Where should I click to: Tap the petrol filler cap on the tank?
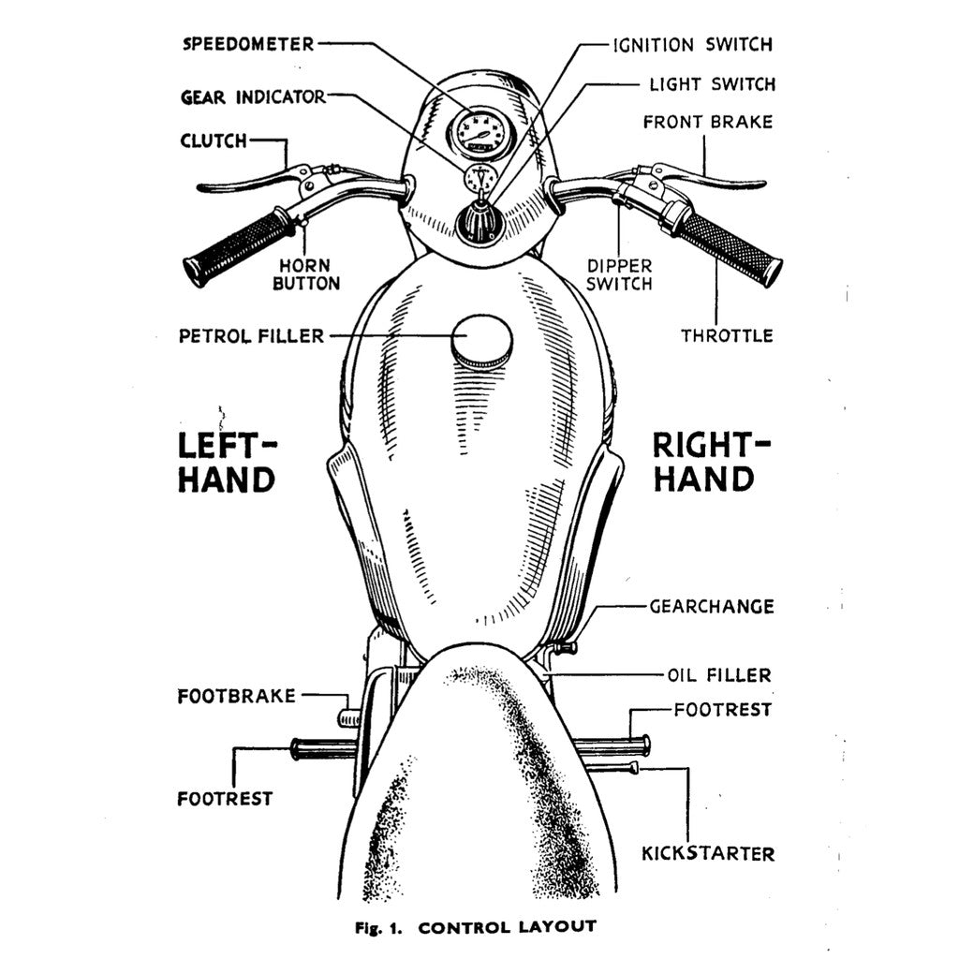pos(481,341)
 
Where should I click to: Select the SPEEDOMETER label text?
pos(248,43)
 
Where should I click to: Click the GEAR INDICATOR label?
pos(253,96)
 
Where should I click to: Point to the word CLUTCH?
pos(214,141)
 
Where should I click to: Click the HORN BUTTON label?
pos(305,273)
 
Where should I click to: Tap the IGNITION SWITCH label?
pos(693,44)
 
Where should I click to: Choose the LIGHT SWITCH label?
pos(712,84)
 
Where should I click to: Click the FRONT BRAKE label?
pos(708,122)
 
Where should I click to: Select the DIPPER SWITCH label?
pos(619,273)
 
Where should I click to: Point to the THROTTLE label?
pos(727,334)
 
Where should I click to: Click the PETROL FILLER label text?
pos(251,335)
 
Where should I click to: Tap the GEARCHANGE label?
pos(712,606)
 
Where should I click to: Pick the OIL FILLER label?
pos(719,674)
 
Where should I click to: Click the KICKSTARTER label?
pos(708,853)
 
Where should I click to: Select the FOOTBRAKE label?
pos(236,696)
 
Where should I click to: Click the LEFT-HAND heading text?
pos(227,462)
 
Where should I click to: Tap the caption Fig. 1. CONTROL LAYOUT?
pos(475,927)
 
